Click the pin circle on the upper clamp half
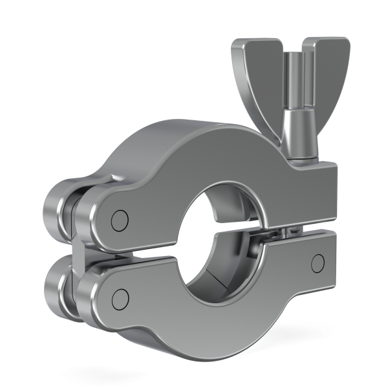(118, 220)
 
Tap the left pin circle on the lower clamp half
(119, 297)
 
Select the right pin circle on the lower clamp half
(317, 262)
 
